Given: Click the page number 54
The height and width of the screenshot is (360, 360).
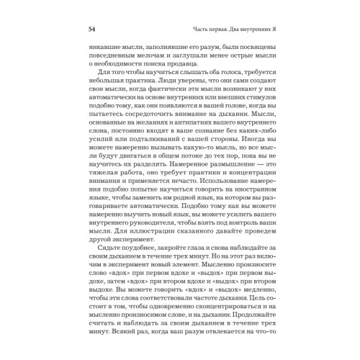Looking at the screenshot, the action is pos(91,30).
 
